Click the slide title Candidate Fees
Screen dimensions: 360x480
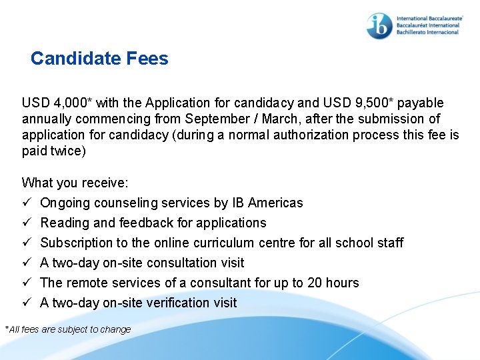(99, 59)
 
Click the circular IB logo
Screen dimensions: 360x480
(379, 25)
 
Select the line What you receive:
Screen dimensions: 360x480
(75, 183)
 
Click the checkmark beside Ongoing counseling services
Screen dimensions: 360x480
(27, 203)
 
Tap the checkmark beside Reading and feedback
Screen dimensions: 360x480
(27, 223)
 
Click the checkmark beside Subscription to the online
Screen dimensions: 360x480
(27, 243)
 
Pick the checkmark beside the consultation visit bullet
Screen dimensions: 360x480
(27, 263)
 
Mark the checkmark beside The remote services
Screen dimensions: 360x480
(27, 283)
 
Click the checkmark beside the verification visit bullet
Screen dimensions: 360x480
(27, 303)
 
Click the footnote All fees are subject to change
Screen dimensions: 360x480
(69, 329)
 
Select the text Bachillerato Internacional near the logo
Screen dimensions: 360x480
(427, 32)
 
